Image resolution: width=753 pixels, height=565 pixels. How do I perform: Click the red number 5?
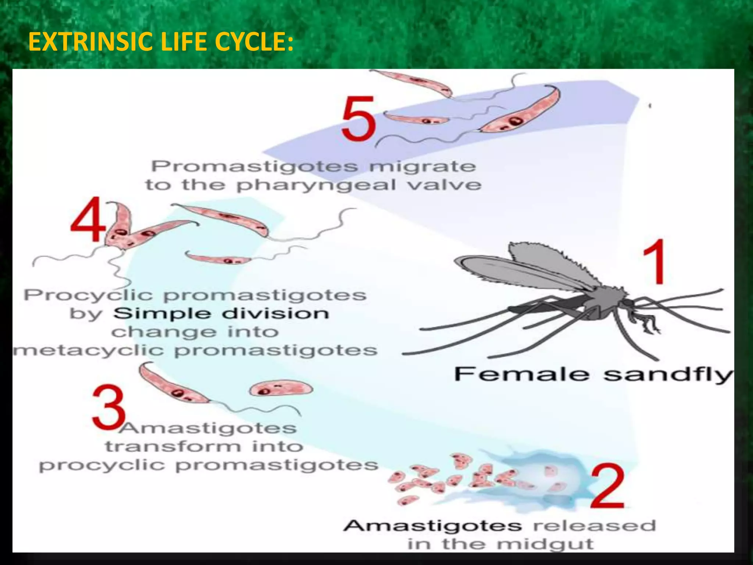pyautogui.click(x=358, y=119)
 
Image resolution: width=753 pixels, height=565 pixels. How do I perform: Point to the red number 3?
pyautogui.click(x=108, y=408)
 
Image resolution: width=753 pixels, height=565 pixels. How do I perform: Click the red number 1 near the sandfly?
pyautogui.click(x=654, y=262)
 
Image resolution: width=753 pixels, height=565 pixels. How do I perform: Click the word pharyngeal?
pyautogui.click(x=316, y=185)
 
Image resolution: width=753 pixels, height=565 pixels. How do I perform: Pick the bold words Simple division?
pyautogui.click(x=221, y=314)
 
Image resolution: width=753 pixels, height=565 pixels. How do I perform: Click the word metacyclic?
pyautogui.click(x=88, y=350)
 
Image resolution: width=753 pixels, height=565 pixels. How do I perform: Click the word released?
pyautogui.click(x=594, y=526)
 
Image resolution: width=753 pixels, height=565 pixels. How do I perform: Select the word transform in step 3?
pyautogui.click(x=173, y=447)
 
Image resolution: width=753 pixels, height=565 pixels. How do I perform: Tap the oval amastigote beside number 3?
pyautogui.click(x=281, y=389)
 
